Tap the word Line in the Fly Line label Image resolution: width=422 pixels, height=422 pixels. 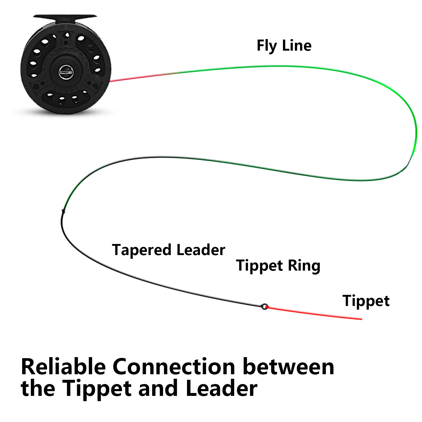(x=297, y=45)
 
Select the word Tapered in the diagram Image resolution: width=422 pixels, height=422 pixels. (x=142, y=250)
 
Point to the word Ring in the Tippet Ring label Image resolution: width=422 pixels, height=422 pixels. (x=304, y=266)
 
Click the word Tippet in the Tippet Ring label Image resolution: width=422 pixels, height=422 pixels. (x=260, y=266)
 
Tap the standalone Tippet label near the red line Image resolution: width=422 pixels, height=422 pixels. (x=366, y=301)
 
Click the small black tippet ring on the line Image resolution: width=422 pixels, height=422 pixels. (x=264, y=306)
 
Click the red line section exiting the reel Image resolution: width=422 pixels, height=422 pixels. (x=140, y=77)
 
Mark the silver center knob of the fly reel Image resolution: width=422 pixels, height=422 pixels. (x=66, y=71)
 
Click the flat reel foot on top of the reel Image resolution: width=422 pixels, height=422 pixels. (x=65, y=17)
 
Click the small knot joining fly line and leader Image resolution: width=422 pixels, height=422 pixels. (x=63, y=211)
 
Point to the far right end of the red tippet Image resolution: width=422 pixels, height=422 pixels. (x=362, y=319)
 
